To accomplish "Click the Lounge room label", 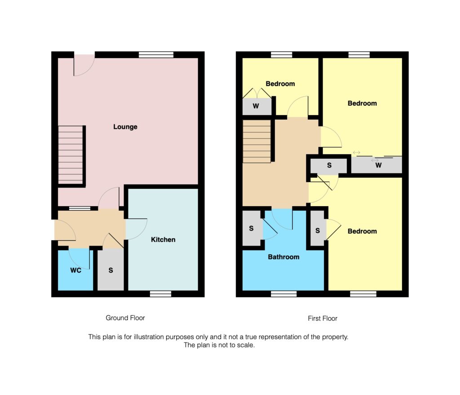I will tap(125, 127).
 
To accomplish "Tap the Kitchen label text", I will tap(163, 239).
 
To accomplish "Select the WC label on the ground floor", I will tap(75, 271).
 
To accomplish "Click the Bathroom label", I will tap(283, 257).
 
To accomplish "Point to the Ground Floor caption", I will tap(125, 318).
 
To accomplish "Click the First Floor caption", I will tap(323, 318).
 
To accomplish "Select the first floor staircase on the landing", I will tap(257, 141).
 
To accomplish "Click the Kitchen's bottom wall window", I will tap(160, 294).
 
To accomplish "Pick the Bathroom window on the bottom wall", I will tap(284, 294).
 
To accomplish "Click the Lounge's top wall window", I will tap(156, 55).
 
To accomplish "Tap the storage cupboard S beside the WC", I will tap(111, 271).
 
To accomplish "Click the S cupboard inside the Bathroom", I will tap(252, 229).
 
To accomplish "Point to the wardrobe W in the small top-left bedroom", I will tap(257, 107).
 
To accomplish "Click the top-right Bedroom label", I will tap(362, 103).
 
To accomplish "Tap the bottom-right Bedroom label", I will tap(362, 231).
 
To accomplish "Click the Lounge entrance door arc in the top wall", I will tap(84, 65).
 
